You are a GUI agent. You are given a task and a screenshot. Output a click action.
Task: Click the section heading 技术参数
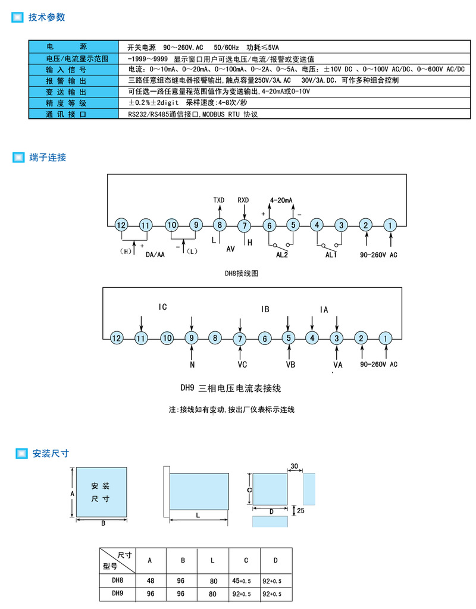click(46, 17)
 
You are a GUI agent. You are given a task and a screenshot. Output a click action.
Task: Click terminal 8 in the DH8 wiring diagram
click(220, 225)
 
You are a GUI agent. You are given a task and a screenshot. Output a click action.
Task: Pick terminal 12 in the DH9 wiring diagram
click(116, 338)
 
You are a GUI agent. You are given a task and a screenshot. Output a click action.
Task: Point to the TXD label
click(219, 200)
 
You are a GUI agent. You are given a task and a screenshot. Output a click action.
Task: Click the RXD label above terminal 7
click(243, 200)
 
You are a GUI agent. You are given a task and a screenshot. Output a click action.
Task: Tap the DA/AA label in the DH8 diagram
click(155, 255)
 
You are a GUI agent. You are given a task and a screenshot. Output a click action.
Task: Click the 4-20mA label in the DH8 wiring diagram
click(281, 200)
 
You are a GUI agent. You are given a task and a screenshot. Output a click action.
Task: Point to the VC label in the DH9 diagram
click(242, 364)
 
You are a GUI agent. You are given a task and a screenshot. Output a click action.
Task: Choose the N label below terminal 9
click(192, 364)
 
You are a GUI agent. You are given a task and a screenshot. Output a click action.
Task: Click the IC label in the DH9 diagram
click(163, 307)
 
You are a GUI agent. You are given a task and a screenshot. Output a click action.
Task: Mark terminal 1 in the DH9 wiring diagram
click(386, 338)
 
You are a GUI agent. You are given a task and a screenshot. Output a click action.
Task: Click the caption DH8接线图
click(241, 274)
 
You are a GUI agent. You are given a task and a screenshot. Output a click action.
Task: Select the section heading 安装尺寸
click(51, 453)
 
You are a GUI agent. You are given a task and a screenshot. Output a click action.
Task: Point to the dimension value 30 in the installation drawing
click(294, 465)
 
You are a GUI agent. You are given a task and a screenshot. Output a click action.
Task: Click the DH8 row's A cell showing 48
click(149, 580)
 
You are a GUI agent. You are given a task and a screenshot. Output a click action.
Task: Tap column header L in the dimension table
click(212, 560)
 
